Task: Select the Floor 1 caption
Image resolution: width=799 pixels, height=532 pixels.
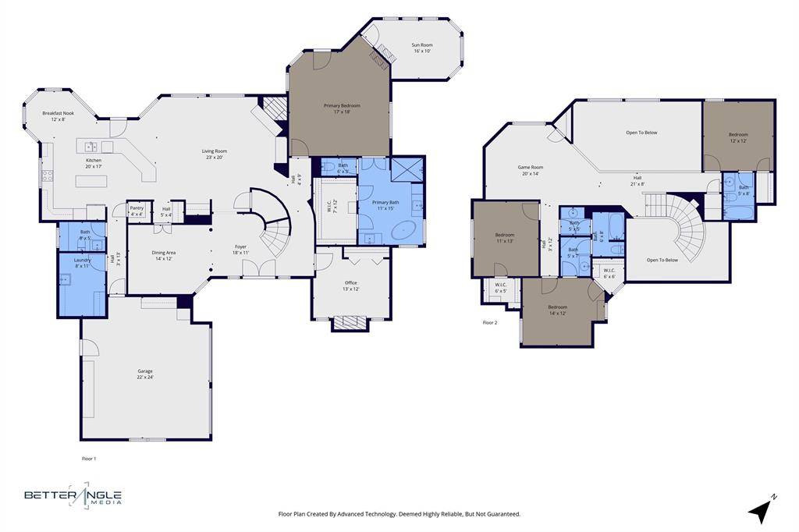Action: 90,459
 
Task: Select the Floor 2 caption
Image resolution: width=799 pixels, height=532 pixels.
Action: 490,322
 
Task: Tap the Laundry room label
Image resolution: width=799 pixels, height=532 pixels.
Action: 83,260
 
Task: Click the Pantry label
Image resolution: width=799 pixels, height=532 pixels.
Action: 137,208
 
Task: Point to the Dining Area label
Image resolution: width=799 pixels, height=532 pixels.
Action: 163,253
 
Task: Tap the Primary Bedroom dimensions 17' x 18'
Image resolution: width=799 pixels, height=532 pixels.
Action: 342,112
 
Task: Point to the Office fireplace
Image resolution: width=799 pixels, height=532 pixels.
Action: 350,321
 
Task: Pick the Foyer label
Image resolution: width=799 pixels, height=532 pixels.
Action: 240,247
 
